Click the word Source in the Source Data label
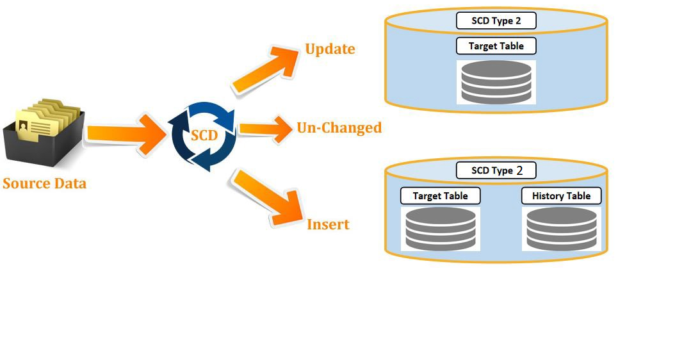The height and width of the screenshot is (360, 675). pyautogui.click(x=26, y=184)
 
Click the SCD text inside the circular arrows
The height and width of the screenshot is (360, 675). pyautogui.click(x=204, y=136)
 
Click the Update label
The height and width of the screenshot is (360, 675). pyautogui.click(x=330, y=49)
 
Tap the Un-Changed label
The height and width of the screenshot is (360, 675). pyautogui.click(x=339, y=127)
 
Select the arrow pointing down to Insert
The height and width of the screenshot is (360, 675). pyautogui.click(x=266, y=198)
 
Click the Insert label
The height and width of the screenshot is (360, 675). pyautogui.click(x=328, y=224)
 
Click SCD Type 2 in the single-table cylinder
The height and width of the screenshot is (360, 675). pyautogui.click(x=496, y=20)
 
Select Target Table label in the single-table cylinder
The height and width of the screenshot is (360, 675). pyautogui.click(x=496, y=46)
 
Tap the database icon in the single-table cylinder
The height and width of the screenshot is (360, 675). pyautogui.click(x=496, y=82)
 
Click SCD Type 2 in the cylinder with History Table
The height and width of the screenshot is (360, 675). pyautogui.click(x=496, y=170)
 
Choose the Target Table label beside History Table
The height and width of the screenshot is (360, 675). pyautogui.click(x=440, y=196)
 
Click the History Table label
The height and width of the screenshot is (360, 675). pyautogui.click(x=561, y=196)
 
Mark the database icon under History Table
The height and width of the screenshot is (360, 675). pyautogui.click(x=561, y=228)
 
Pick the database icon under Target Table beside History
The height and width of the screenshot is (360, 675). pyautogui.click(x=441, y=228)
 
